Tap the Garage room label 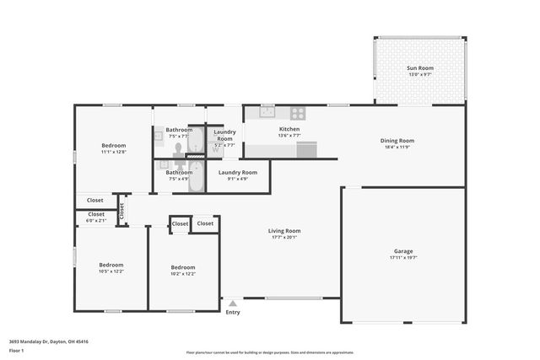[402, 251]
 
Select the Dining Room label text [397, 140]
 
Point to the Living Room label [284, 230]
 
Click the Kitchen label [289, 129]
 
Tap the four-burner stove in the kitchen [298, 112]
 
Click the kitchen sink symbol [267, 112]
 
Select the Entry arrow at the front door [233, 304]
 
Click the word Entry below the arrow [233, 313]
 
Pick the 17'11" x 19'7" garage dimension [402, 258]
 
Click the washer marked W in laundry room [216, 150]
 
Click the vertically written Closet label [121, 211]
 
